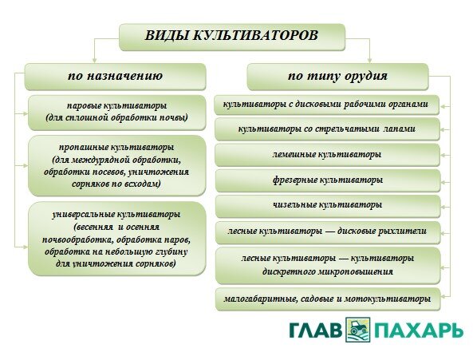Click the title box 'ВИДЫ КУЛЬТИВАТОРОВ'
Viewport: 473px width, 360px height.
232,36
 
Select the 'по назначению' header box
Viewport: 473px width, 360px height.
116,77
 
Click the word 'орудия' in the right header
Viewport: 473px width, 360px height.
368,77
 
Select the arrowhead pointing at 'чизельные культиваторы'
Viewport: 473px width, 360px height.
444,205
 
